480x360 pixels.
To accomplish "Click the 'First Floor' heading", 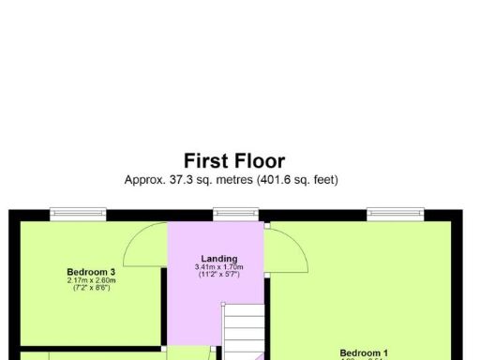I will [233, 161].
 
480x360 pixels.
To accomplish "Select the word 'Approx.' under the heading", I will [145, 179].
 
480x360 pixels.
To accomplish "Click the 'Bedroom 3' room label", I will [91, 272].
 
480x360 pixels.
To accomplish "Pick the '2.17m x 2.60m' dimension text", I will [91, 280].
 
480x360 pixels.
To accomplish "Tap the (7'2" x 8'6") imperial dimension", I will [91, 288].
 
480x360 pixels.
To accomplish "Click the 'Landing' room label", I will [219, 259].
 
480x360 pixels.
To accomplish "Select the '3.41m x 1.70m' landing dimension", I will [219, 267].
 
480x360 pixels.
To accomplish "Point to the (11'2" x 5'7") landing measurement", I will [219, 275].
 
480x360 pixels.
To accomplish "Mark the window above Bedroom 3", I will [78, 215].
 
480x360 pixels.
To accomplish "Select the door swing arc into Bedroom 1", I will [289, 248].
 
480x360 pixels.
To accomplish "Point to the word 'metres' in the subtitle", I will [228, 179].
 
